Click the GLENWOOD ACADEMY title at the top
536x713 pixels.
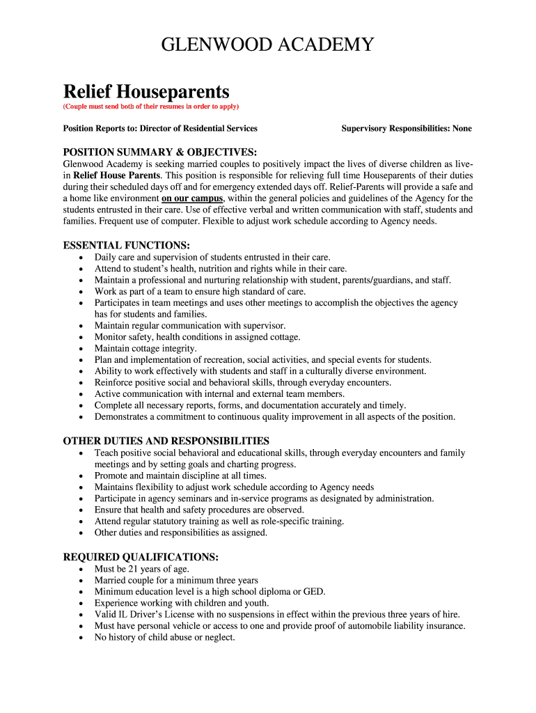267,46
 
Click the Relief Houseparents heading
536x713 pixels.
146,91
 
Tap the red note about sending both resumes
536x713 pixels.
151,107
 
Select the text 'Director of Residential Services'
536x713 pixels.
198,128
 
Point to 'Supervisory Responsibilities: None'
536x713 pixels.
407,128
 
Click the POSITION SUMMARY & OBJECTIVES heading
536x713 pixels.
160,152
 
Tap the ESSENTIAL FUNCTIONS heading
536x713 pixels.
127,246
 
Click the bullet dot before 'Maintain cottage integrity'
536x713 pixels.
81,349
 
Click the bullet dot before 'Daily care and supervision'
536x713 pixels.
81,258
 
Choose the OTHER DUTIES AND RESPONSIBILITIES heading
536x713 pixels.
166,441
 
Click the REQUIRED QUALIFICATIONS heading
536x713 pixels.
141,557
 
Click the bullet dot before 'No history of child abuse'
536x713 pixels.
81,638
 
